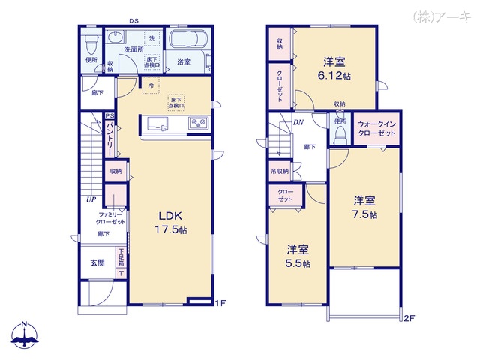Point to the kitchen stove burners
[x=199, y=123]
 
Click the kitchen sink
[x=159, y=123]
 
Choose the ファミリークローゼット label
[x=110, y=219]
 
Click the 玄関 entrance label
[x=98, y=263]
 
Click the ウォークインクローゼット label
[x=376, y=127]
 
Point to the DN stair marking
[x=298, y=122]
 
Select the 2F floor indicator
[x=408, y=318]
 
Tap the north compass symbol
[x=25, y=335]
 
